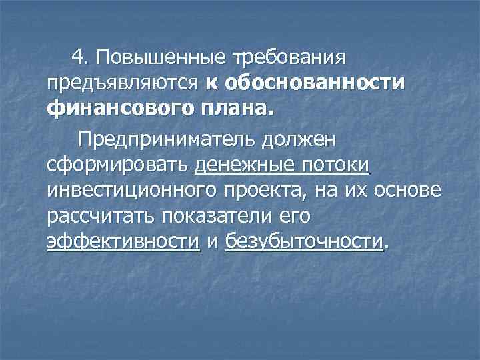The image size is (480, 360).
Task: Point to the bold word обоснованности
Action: [315, 83]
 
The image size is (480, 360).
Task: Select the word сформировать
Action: [119, 165]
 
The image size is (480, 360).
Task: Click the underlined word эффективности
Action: [123, 240]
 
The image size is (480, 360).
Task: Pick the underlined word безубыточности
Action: [305, 240]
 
